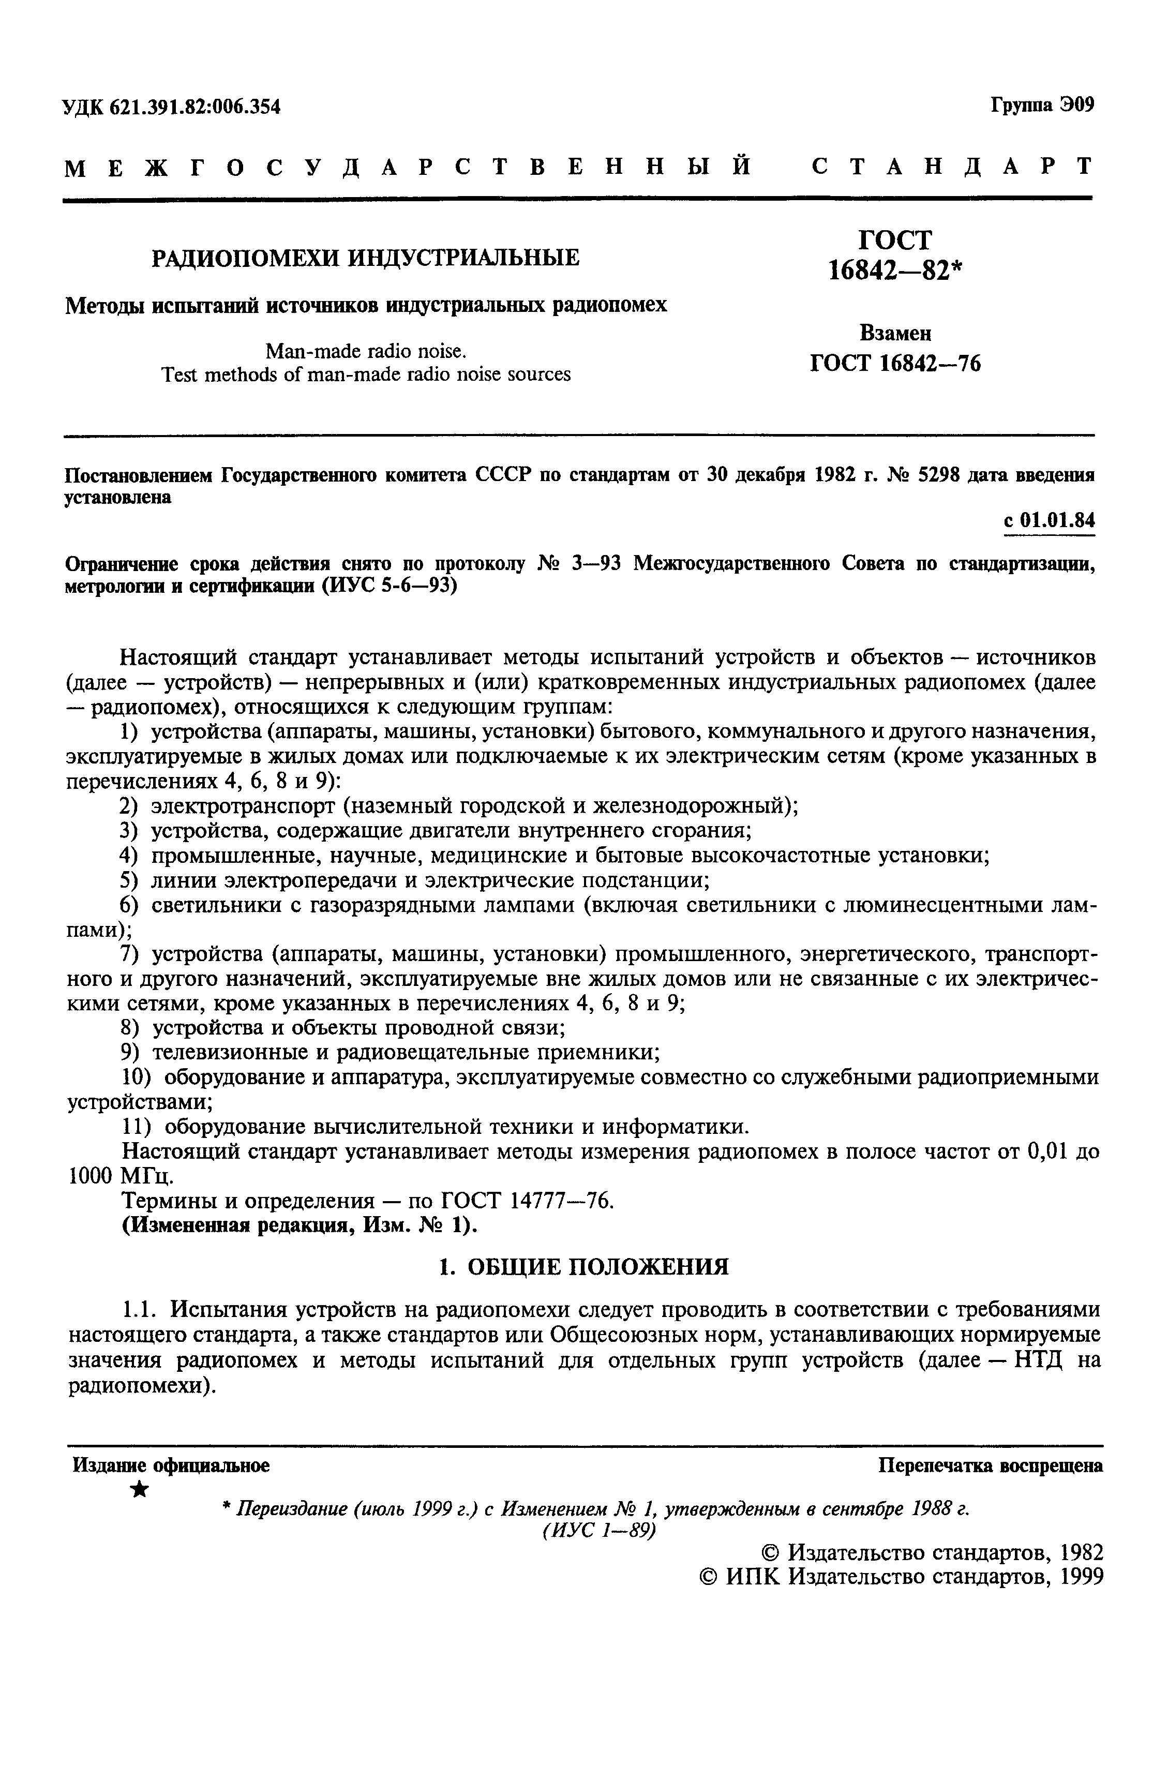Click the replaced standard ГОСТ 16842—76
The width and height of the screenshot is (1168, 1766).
(895, 364)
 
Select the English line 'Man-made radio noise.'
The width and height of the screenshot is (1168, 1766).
(366, 351)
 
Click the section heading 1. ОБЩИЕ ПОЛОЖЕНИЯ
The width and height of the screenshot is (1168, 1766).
(583, 1265)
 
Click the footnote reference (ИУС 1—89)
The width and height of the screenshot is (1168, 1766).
(599, 1531)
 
